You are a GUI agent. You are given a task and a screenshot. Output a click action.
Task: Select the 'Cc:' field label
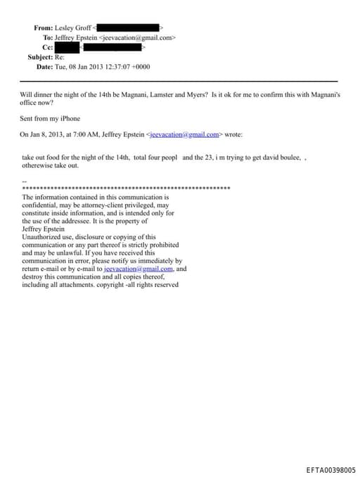pyautogui.click(x=48, y=47)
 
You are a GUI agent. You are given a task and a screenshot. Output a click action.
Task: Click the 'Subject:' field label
pyautogui.click(x=41, y=57)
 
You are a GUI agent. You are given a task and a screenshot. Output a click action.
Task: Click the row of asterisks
pyautogui.click(x=127, y=189)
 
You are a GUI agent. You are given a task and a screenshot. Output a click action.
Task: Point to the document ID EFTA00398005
pyautogui.click(x=331, y=469)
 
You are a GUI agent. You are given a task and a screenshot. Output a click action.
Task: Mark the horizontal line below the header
pyautogui.click(x=180, y=82)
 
